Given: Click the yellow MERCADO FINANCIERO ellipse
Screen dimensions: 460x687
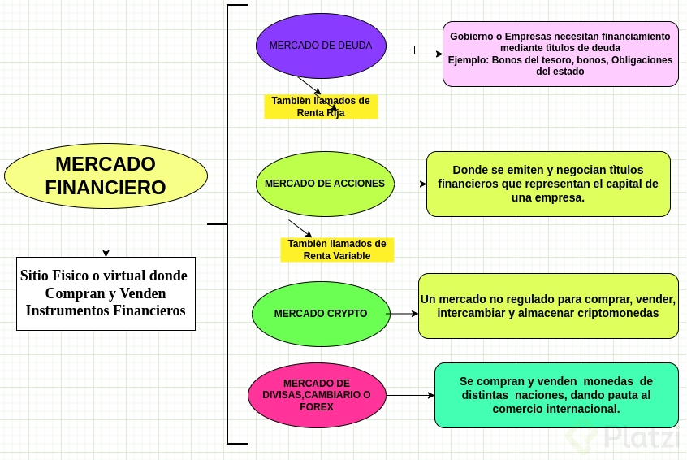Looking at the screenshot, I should coord(106,176).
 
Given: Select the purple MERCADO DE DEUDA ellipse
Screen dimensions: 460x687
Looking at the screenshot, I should coord(321,46).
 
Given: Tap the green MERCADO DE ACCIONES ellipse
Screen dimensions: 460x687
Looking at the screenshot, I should coord(325,184).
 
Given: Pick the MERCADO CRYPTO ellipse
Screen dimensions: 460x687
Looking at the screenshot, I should coord(321,314).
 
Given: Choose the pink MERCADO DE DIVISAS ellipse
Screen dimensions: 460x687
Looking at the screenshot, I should coord(317,395).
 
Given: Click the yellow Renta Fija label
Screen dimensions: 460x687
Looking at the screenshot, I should coord(321,106).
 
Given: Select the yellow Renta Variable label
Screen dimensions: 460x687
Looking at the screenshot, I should coord(337,250).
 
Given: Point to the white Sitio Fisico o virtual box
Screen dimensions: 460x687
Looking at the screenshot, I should coord(106,293).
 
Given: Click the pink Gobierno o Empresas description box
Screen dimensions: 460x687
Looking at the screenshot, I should coord(560,54).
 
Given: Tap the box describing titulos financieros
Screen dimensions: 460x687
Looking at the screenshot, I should coord(548,184).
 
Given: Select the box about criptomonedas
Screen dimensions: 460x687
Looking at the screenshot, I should coord(548,306).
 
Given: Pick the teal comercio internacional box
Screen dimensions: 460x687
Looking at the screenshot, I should coord(556,395).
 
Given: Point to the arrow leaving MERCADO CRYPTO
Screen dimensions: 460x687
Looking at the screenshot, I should coord(402,314).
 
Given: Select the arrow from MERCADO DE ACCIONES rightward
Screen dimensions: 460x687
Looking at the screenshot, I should coord(410,184).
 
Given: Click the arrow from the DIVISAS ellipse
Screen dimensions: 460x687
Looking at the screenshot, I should coord(410,396).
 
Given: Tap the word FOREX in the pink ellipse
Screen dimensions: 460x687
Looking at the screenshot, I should coord(317,406).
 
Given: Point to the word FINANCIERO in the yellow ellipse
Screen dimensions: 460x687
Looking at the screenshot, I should coord(106,188).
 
